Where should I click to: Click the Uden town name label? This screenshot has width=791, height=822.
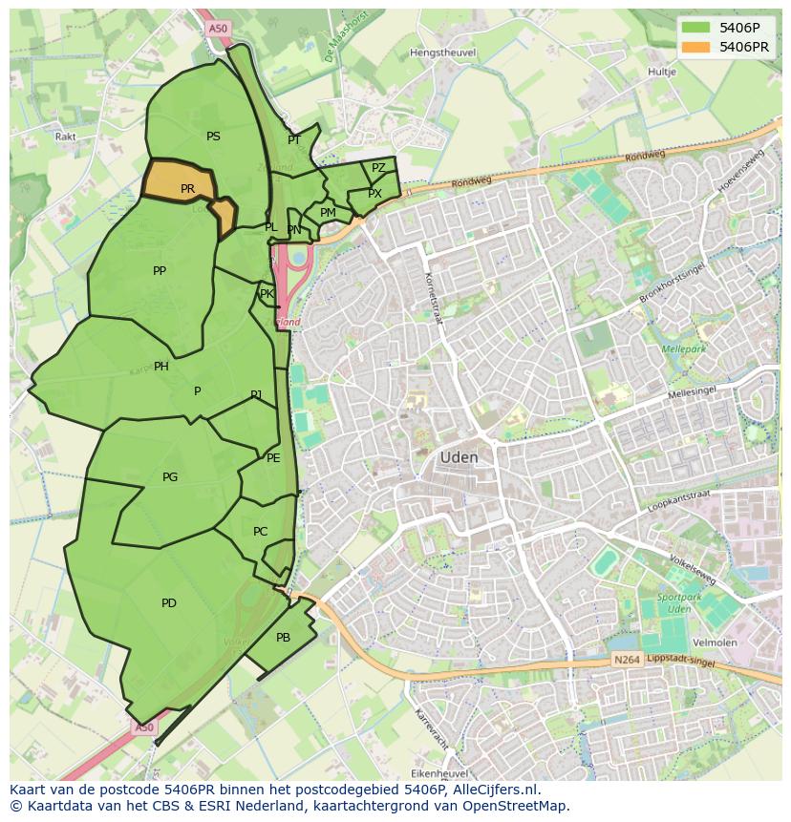[x=459, y=457]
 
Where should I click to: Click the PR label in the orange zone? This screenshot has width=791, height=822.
[x=187, y=189]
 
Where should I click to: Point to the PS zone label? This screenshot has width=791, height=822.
[x=213, y=137]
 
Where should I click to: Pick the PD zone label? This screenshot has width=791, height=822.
[x=169, y=602]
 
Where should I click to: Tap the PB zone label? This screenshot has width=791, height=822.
[x=283, y=637]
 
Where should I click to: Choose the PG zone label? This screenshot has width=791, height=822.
[x=170, y=477]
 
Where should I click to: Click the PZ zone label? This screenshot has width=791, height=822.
[x=378, y=168]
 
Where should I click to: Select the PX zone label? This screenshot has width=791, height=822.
[x=374, y=194]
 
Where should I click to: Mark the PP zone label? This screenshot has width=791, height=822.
[x=160, y=271]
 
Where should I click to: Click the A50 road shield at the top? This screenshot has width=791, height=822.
[x=218, y=29]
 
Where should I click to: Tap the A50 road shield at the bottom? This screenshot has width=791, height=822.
[x=143, y=727]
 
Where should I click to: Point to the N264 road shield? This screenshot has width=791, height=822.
[x=626, y=660]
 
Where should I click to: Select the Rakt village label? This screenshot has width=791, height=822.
[x=65, y=137]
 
